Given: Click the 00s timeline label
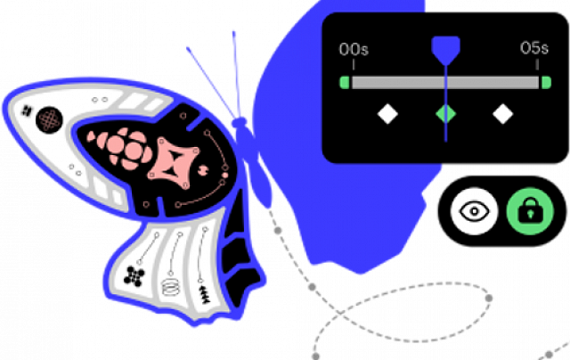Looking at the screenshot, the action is pos(354,49).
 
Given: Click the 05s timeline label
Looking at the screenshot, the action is pos(534,48).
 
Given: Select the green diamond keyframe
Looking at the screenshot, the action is pos(445,114).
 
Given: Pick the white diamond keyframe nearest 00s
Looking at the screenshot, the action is pos(387,114).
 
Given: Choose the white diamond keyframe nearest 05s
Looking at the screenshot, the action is pos(502,114).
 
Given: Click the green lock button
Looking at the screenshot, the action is pos(530,211).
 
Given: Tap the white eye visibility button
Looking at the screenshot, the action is pos(475,211).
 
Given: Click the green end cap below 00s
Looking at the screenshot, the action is pos(345,83).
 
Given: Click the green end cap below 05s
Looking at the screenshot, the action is pos(546,83).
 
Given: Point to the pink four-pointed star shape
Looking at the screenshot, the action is pos(174,163).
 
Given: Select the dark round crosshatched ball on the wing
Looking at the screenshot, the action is pos(49,120).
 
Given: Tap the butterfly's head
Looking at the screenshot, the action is pos(239,123).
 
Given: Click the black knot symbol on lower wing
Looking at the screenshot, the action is pos(134,276).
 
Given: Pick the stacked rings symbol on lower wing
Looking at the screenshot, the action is pos(170,287).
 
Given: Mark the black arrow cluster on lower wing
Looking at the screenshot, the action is pos(205,294).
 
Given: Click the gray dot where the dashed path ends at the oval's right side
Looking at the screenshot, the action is pos(489,299).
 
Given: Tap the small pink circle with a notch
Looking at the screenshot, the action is pos(203,170).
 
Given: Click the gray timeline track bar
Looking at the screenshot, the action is pos(445,83).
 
